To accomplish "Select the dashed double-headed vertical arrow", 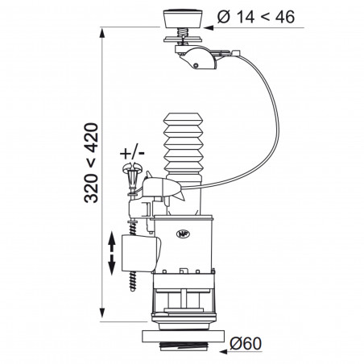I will pyautogui.click(x=112, y=251).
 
